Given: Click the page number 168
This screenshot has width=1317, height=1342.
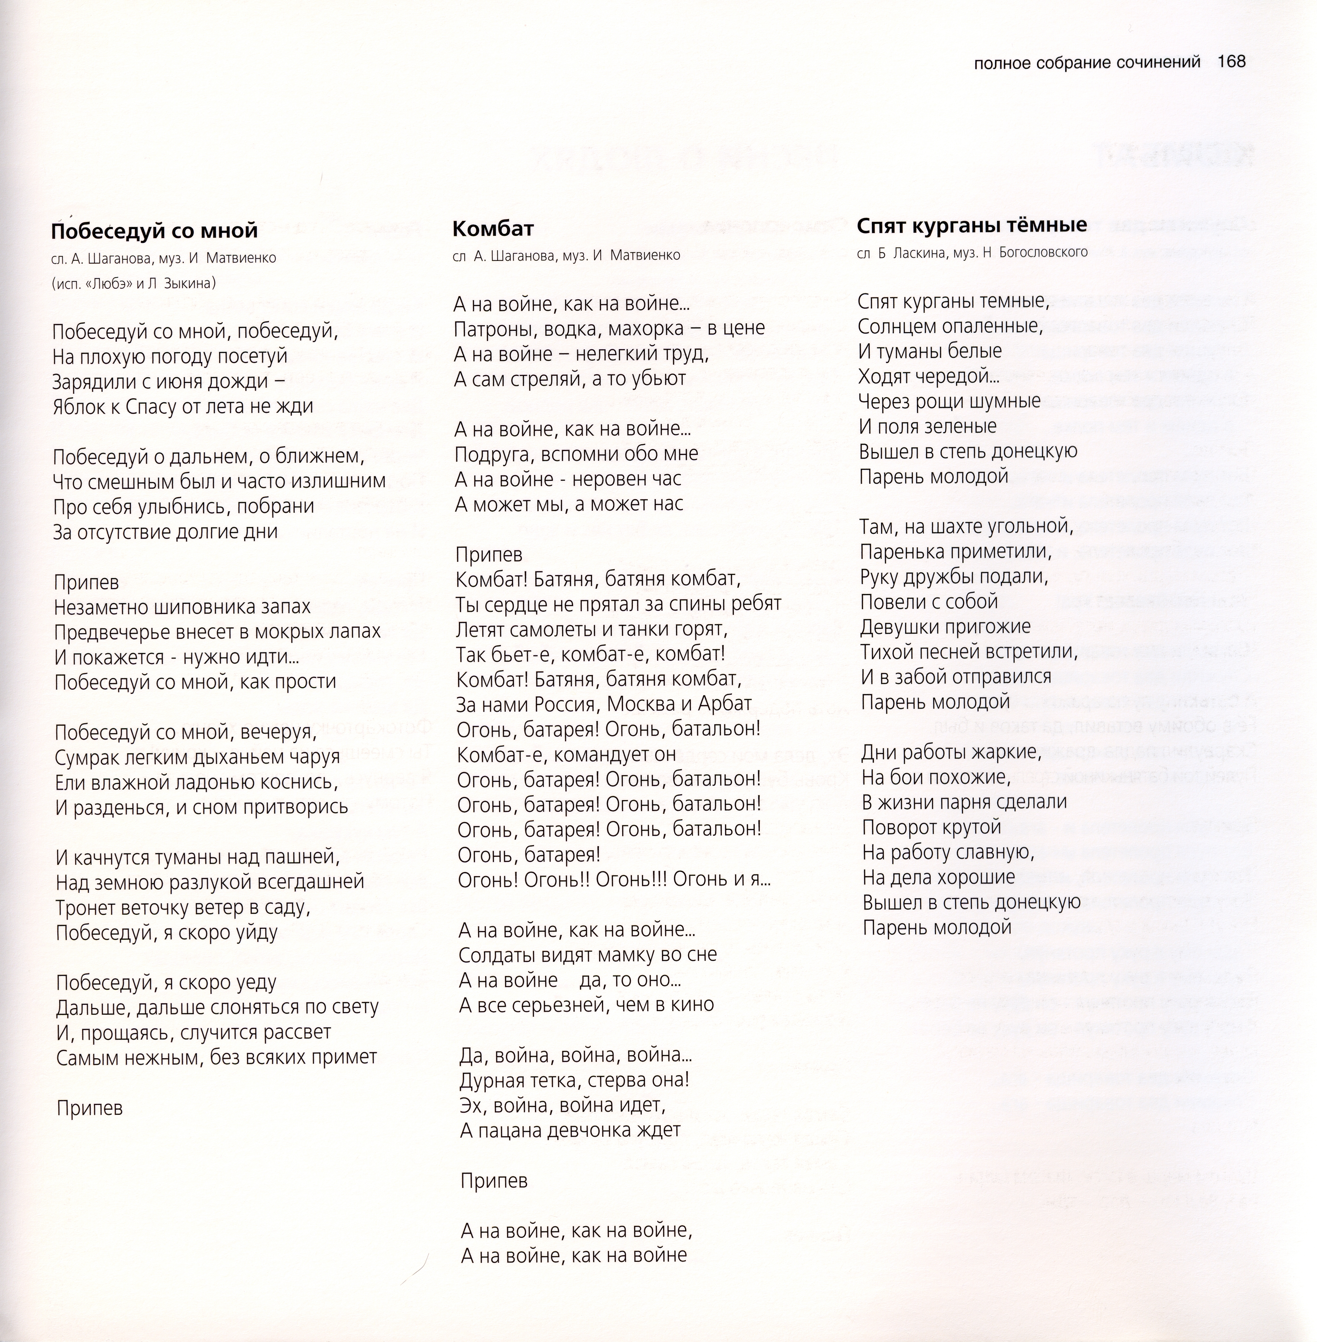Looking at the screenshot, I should pos(1231,62).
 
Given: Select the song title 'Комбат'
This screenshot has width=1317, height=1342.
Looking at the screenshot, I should pos(493,228).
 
